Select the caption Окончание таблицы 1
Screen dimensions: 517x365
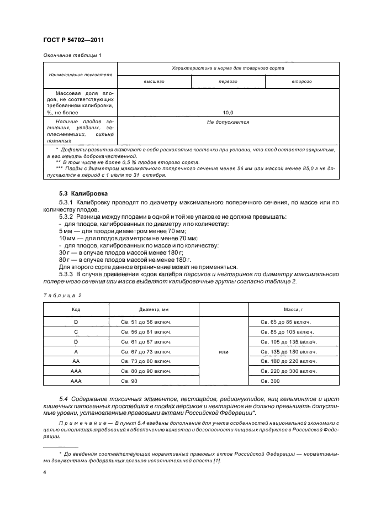72,55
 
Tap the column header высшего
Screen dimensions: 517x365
154,81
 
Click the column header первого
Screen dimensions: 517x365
228,81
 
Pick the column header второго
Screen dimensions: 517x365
302,81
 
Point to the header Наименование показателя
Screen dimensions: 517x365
81,74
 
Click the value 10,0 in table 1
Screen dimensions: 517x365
228,112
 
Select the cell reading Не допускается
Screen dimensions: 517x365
228,122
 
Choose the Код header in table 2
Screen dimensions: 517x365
76,310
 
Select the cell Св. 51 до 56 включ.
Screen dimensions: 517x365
146,322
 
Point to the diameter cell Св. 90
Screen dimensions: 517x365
131,381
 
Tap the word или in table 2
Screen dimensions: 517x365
224,351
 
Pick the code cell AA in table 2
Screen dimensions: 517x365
76,361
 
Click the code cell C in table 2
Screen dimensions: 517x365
76,332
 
